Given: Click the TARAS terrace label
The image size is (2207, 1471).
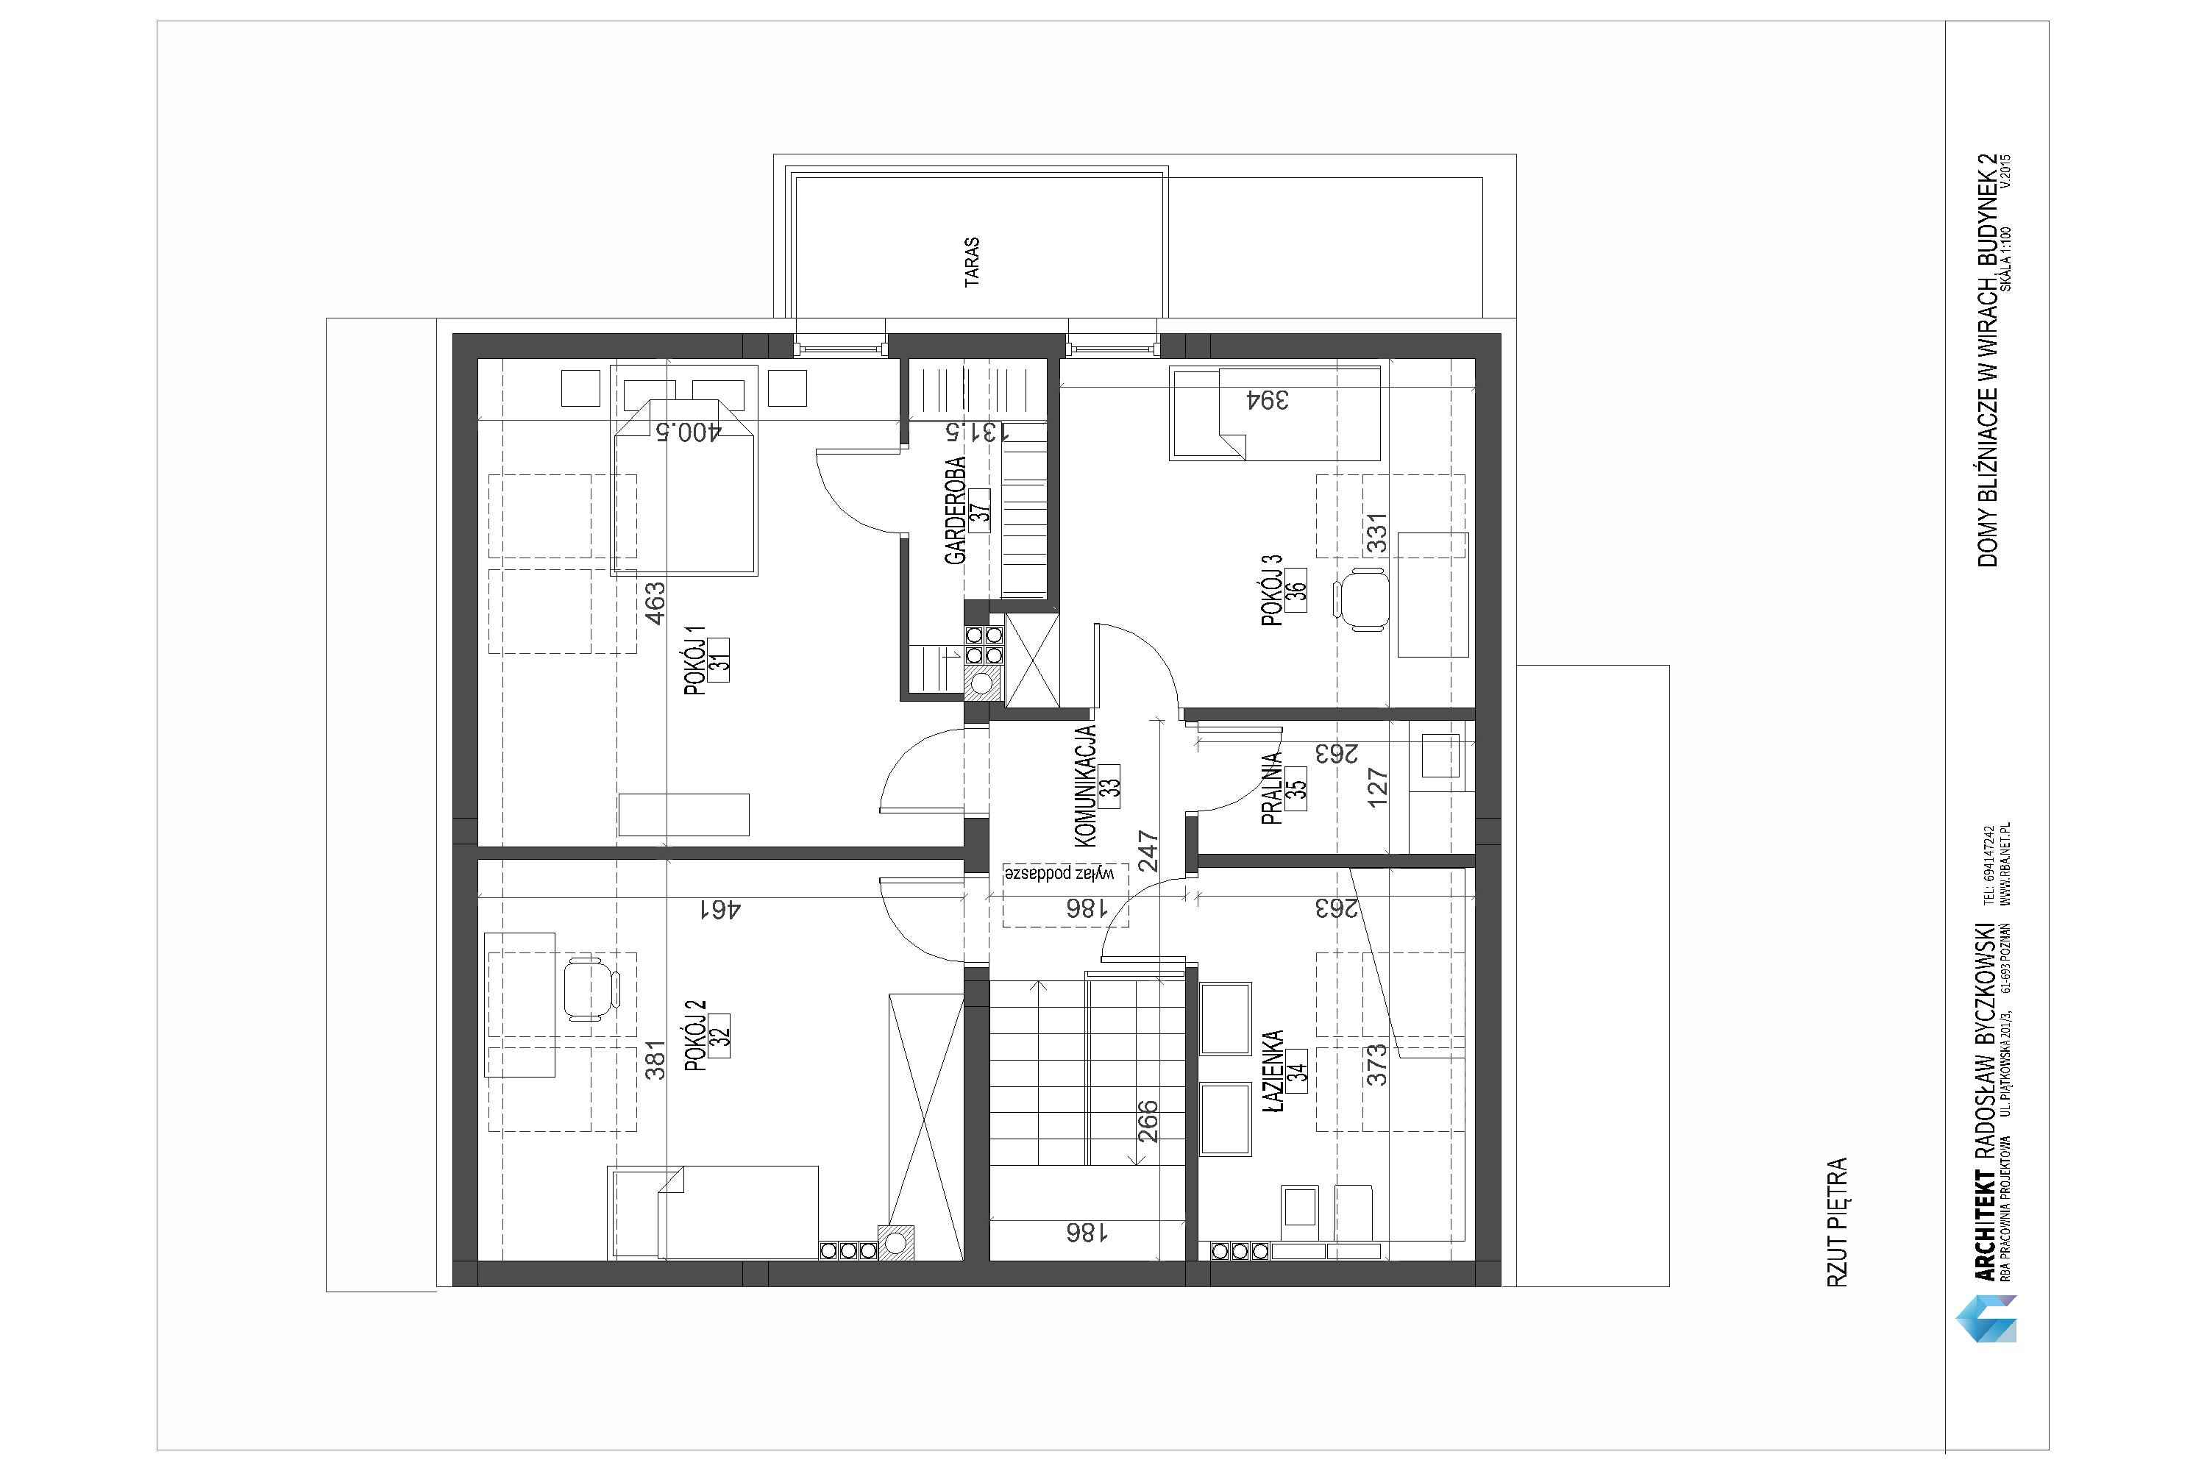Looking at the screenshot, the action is (x=972, y=262).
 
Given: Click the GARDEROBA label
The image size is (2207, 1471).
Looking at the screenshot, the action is (x=955, y=510).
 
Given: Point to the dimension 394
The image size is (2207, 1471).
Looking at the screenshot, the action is (x=1267, y=399).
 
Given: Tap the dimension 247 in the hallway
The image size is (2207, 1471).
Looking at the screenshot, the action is (x=1148, y=852).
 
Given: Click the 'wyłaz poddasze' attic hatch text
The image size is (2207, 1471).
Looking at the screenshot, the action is (x=1059, y=872).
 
